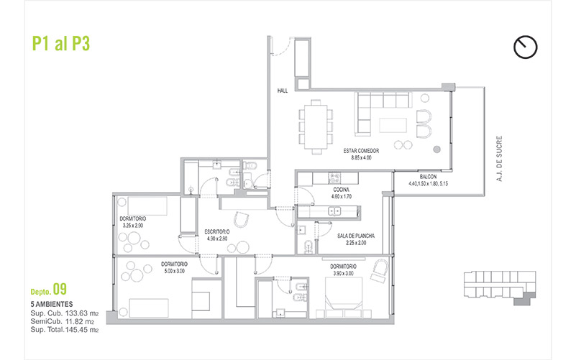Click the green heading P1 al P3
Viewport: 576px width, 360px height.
61,44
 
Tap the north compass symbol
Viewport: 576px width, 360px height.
526,47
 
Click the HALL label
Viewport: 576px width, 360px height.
283,91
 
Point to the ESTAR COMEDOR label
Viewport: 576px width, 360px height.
361,151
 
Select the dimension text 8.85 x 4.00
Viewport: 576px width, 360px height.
361,158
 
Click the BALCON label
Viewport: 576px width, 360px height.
428,177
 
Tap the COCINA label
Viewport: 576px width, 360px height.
342,190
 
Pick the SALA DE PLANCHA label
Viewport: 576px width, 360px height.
355,236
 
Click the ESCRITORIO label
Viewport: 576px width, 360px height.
217,232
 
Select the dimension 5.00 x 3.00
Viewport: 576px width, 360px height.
174,271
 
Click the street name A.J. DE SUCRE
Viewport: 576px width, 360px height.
499,159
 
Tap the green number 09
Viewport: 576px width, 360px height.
60,289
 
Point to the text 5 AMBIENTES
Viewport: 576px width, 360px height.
52,304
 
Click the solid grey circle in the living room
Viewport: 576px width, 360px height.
436,149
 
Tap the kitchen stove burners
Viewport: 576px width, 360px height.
334,178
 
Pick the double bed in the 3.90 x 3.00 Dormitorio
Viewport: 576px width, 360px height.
344,297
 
